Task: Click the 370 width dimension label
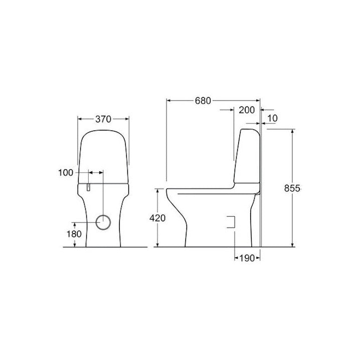(103, 119)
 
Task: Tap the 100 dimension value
(66, 172)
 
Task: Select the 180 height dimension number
(74, 234)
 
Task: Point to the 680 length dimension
(203, 101)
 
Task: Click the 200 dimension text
(247, 110)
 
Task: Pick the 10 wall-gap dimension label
(273, 118)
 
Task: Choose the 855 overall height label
(292, 188)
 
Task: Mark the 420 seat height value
(157, 218)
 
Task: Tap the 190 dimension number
(247, 258)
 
